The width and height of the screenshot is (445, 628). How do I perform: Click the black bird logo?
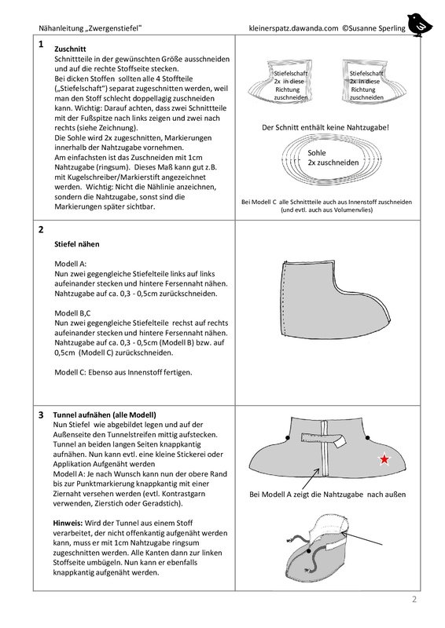click(x=419, y=25)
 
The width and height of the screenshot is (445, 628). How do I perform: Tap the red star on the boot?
click(x=384, y=459)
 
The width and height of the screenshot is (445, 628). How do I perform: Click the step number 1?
click(x=41, y=45)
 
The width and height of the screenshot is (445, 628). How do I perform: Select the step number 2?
click(x=41, y=230)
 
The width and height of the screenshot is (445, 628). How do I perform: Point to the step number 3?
click(x=41, y=415)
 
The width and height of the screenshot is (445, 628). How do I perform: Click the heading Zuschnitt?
click(x=70, y=49)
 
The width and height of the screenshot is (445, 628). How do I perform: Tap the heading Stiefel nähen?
click(x=76, y=244)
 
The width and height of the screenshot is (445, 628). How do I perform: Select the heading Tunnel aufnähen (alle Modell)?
click(x=105, y=415)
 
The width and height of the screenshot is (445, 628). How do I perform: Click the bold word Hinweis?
click(x=68, y=523)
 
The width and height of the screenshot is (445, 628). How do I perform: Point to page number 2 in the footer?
click(x=414, y=599)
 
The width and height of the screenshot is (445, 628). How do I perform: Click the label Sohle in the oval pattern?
click(x=317, y=152)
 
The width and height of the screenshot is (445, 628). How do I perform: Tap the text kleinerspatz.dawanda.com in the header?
click(x=293, y=28)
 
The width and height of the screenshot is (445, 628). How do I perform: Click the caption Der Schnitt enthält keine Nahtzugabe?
click(x=325, y=127)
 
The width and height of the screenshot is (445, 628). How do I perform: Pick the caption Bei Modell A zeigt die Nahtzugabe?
click(x=306, y=495)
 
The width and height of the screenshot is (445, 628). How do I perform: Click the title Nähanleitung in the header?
click(x=61, y=28)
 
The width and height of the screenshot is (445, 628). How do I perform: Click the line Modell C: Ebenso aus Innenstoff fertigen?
click(x=123, y=372)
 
